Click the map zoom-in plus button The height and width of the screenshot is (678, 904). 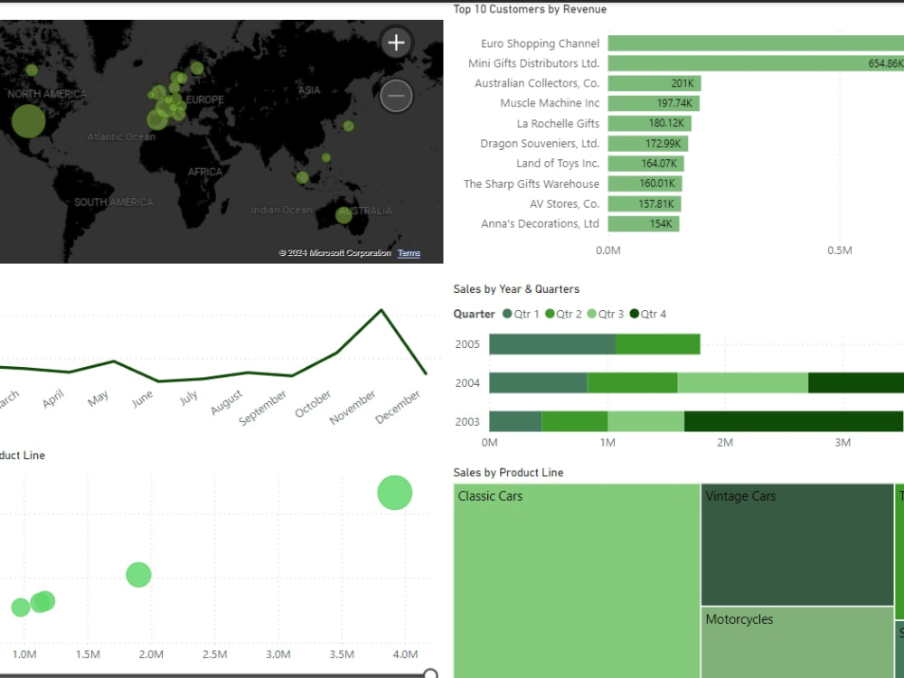point(396,42)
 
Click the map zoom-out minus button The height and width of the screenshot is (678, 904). point(396,95)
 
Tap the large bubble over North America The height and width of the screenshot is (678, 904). point(28,120)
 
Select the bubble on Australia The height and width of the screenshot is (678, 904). point(344,215)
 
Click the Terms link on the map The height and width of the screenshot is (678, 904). point(409,253)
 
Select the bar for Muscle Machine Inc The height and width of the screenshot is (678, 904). point(653,103)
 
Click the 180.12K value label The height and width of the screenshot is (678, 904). point(669,124)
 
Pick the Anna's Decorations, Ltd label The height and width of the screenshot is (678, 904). point(540,223)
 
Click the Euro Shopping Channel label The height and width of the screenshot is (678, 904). point(540,43)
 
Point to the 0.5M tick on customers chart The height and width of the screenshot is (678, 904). point(840,250)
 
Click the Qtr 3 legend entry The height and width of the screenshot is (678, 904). point(607,314)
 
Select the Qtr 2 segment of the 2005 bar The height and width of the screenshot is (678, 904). point(657,344)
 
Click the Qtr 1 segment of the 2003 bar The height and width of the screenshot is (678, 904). point(515,421)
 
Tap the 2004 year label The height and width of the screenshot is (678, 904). point(467,383)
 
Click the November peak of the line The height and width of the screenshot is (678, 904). point(381,310)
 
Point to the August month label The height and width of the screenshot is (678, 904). point(226,403)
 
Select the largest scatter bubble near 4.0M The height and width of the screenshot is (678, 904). point(394,493)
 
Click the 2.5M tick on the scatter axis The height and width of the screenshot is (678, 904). point(214,654)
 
